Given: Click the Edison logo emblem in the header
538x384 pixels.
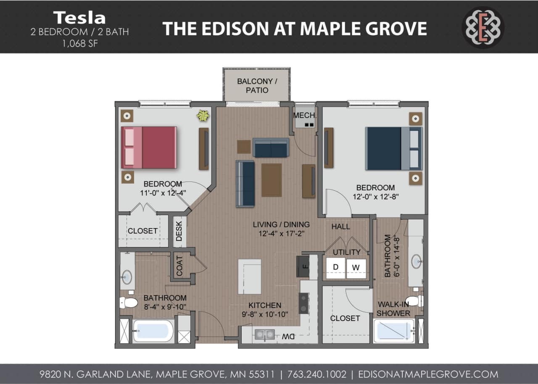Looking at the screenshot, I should point(483,27).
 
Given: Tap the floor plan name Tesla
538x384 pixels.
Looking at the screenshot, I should point(79,18).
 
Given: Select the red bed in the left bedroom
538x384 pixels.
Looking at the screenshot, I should point(149,147).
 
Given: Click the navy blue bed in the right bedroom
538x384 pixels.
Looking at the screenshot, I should point(393,148).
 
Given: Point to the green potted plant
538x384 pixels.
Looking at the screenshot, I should point(203,115).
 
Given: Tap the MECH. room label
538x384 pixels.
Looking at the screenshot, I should point(305,115).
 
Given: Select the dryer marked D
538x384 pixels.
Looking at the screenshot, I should point(335,267).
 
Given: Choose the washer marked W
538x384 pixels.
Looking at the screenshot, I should point(356,267).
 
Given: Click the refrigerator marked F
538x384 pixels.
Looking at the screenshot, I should point(303,266).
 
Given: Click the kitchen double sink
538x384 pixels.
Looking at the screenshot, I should point(264,334).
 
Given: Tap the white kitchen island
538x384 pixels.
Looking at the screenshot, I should point(249,276).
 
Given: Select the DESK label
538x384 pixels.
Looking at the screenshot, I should point(179,231).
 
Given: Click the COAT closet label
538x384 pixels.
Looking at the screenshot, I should point(179,266).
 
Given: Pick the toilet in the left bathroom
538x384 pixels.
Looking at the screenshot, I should point(129,302).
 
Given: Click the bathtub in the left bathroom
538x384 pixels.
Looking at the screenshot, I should point(153,331).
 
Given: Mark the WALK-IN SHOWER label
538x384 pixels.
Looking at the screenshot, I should point(393,309).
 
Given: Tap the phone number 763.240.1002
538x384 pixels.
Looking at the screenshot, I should point(317,374).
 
